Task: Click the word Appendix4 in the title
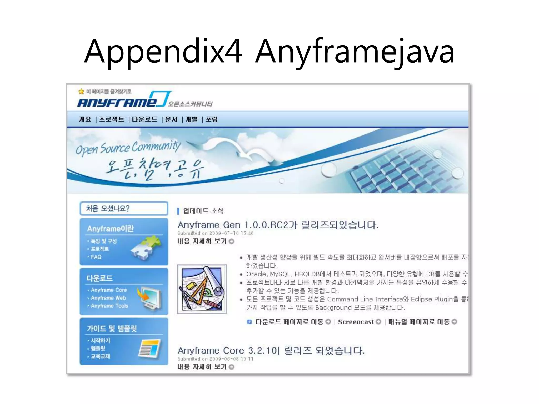(163, 51)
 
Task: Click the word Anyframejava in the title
(355, 51)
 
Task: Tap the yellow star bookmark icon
(81, 92)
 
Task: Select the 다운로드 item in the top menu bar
(144, 119)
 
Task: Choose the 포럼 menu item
(212, 119)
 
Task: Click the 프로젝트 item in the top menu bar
(112, 119)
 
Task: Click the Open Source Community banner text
(128, 148)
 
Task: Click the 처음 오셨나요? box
(124, 209)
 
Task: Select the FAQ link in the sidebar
(96, 257)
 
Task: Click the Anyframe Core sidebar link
(109, 290)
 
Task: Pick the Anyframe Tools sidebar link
(109, 306)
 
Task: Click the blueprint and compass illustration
(202, 289)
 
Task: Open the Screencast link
(356, 322)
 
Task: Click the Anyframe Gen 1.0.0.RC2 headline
(278, 225)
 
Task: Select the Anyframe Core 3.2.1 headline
(271, 351)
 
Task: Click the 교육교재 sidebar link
(100, 356)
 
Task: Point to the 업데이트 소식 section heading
(203, 211)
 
